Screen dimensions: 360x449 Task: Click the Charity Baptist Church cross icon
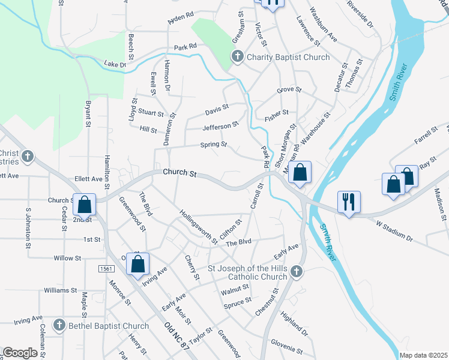(x=237, y=58)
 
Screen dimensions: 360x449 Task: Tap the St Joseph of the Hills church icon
(x=295, y=272)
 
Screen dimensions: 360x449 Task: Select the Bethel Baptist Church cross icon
(x=59, y=326)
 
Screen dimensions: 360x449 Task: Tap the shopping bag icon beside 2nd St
(x=85, y=205)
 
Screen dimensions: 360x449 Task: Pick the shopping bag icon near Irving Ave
(x=137, y=263)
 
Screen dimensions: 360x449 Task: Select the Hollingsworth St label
(x=198, y=227)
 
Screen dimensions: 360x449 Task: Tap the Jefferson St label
(x=220, y=126)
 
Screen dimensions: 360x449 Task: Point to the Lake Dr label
(x=115, y=64)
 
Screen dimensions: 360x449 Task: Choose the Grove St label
(x=289, y=91)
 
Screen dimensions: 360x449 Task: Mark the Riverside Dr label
(x=360, y=13)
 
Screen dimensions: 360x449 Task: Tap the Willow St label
(x=67, y=258)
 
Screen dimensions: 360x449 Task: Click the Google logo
(x=20, y=353)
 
